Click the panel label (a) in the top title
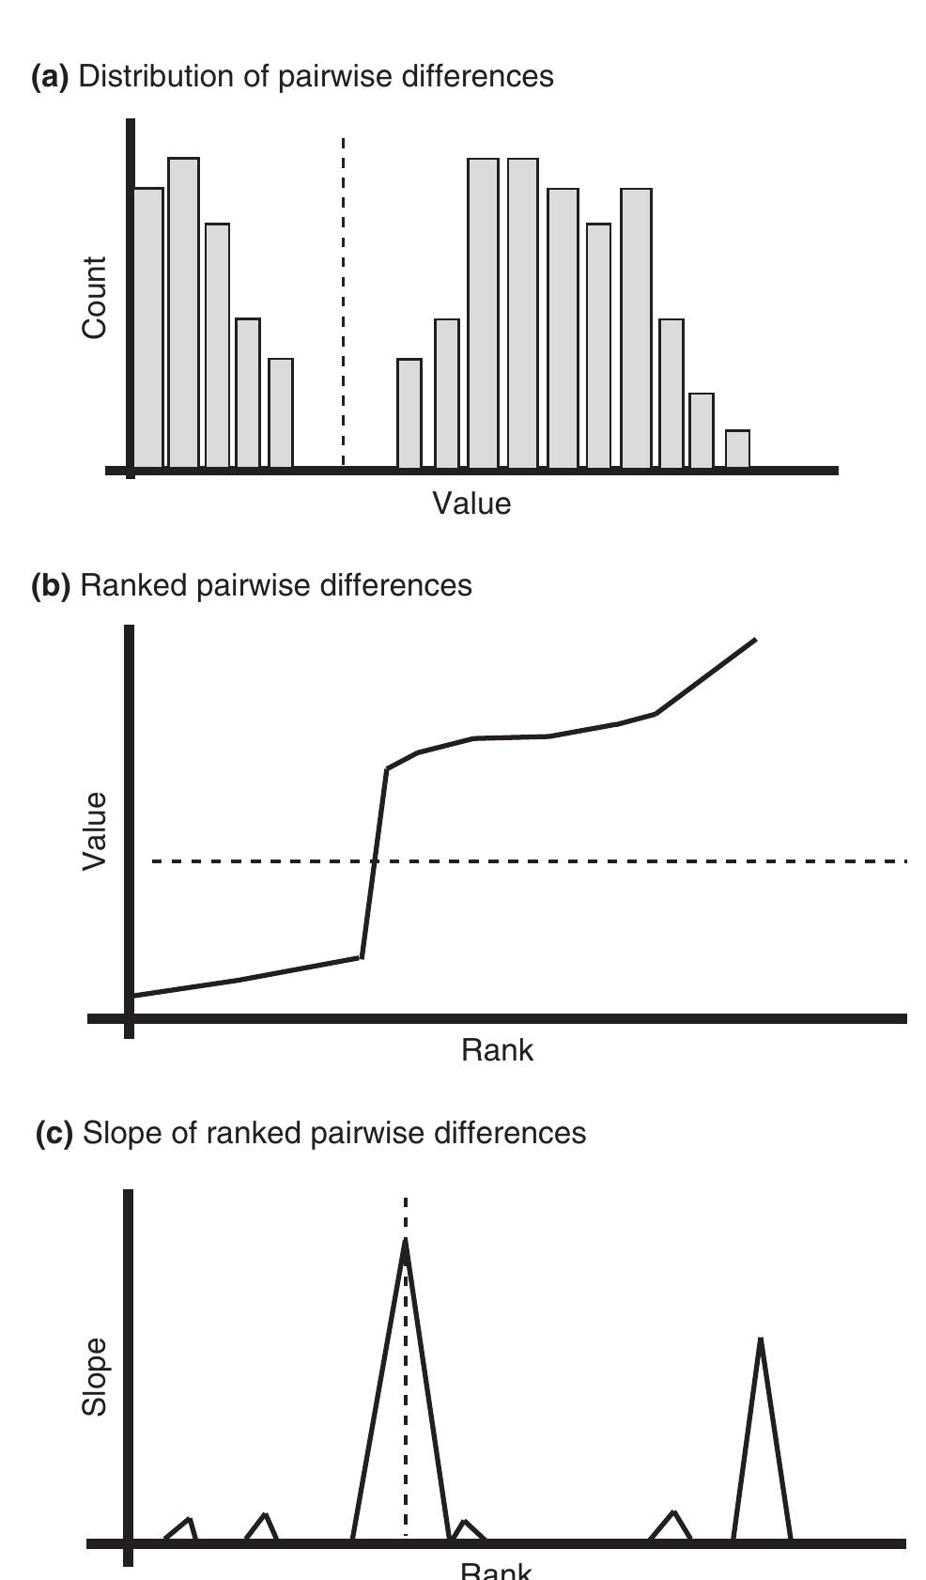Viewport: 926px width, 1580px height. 50,77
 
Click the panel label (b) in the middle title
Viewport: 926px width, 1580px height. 51,586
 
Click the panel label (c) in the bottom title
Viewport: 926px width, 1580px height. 54,1134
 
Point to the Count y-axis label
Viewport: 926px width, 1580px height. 95,298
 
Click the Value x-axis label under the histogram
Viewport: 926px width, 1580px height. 471,504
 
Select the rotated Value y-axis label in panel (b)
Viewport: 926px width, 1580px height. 95,831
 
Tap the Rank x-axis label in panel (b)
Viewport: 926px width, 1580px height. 497,1050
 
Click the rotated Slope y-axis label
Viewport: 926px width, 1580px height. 95,1377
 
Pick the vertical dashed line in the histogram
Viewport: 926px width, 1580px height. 344,301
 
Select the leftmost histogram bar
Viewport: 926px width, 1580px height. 148,329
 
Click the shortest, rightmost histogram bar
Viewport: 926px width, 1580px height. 738,450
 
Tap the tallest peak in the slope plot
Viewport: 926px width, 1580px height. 405,1245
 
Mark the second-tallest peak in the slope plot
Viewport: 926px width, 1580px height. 760,1343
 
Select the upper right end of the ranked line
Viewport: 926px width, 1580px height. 754,641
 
